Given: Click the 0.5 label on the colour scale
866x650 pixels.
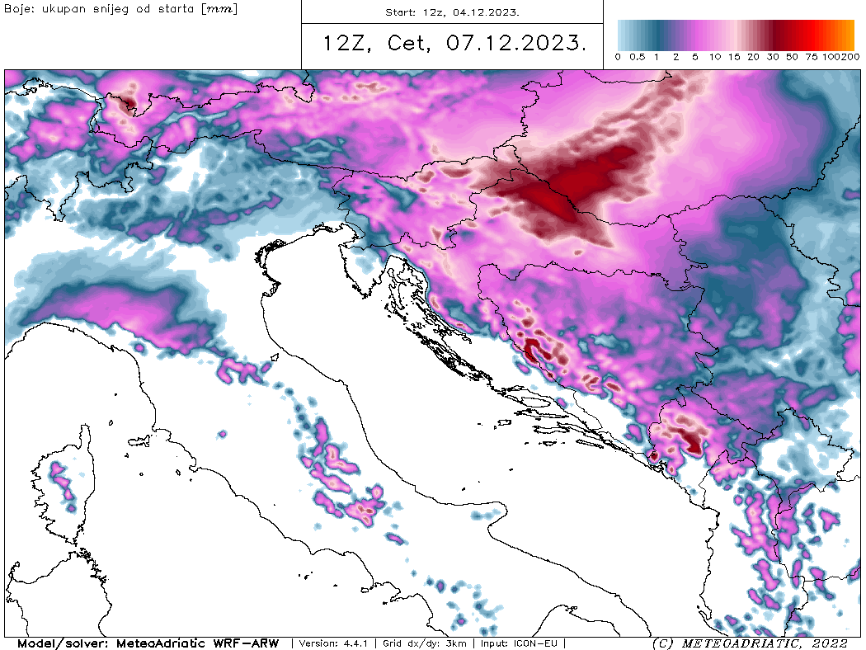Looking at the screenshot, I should tap(637, 57).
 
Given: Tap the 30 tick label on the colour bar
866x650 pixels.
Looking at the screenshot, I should tap(772, 57).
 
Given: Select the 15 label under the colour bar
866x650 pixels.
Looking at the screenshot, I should tap(734, 57).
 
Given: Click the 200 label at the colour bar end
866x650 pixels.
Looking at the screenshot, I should tap(851, 57).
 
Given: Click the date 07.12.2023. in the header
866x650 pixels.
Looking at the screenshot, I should tap(517, 43).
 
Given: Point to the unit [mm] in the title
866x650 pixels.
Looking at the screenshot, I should tap(220, 9).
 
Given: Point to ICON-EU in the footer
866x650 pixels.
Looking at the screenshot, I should tap(539, 643).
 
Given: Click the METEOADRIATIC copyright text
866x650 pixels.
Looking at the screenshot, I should tap(734, 643).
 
